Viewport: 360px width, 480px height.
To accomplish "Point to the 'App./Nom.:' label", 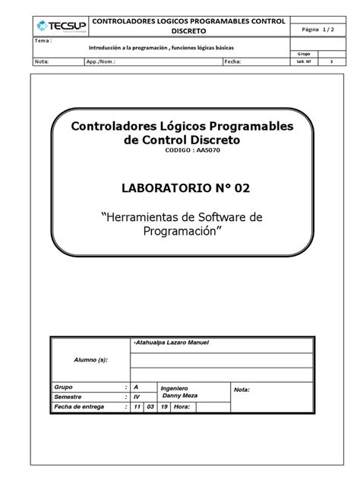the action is pyautogui.click(x=100, y=62).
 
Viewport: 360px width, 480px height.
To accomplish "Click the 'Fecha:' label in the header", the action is pyautogui.click(x=232, y=62).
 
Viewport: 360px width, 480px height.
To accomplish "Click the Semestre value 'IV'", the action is pyautogui.click(x=137, y=396).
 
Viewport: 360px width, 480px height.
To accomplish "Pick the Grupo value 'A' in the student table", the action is pyautogui.click(x=136, y=387).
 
